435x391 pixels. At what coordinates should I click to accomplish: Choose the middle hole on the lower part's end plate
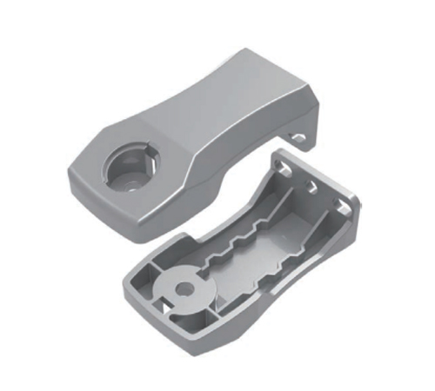tap(311, 186)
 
